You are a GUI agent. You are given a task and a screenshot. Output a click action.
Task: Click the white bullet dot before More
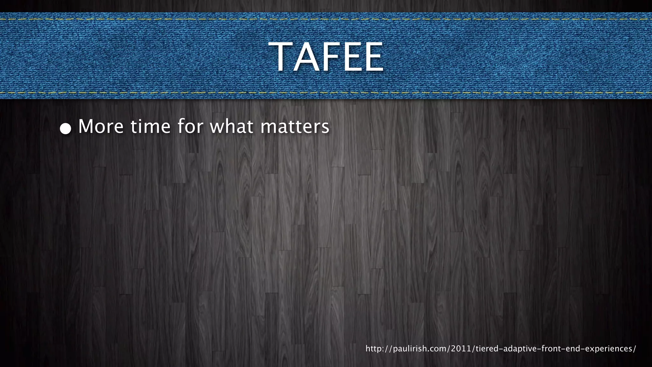coord(66,128)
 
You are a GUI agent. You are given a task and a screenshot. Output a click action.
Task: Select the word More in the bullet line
coord(101,126)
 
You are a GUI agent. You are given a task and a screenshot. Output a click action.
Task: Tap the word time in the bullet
coord(151,126)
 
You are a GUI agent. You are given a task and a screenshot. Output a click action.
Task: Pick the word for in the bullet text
coord(190,126)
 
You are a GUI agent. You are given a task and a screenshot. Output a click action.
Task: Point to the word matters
coord(295,126)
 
